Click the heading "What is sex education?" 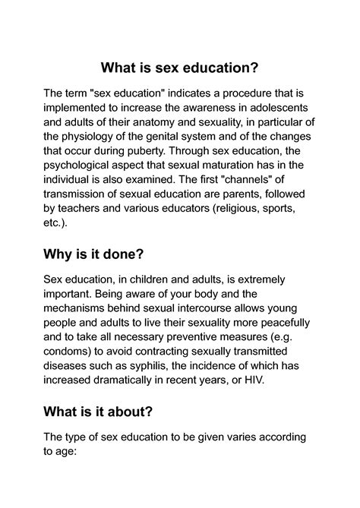180,68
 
